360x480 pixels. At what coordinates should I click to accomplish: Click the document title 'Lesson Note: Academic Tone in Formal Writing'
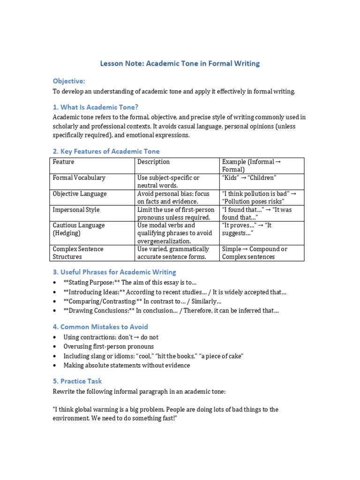tap(180, 63)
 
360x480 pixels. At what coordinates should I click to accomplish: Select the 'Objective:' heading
tap(69, 81)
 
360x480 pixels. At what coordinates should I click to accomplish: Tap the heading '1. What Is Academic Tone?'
tap(96, 107)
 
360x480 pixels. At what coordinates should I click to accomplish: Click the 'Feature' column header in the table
tap(64, 162)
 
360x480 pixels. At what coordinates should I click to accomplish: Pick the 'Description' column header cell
tap(154, 162)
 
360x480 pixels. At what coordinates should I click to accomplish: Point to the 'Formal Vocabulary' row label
tap(79, 178)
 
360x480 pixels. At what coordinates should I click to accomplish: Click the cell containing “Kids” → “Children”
tap(249, 178)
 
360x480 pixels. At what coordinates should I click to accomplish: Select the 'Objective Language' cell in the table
tap(80, 194)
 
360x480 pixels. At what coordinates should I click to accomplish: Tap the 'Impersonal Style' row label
tap(76, 210)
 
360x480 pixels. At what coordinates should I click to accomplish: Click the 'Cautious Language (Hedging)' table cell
tap(79, 229)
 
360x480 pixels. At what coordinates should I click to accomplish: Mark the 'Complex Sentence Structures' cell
tap(78, 253)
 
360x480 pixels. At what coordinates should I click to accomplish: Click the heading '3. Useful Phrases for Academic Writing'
tap(114, 272)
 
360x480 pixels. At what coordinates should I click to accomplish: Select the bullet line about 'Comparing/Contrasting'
tap(142, 301)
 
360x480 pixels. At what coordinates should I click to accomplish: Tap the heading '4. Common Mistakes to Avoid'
tap(100, 327)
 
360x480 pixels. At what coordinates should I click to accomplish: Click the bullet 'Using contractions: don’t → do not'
tap(111, 337)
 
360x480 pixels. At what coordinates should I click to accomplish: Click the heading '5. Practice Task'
tap(77, 381)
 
